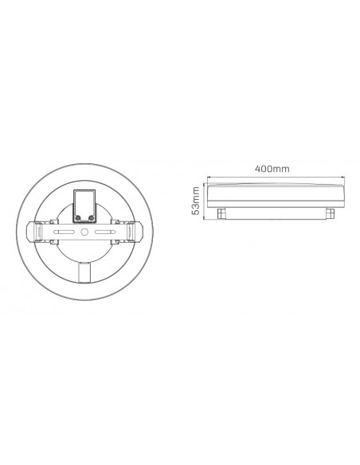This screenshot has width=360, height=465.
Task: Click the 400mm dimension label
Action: click(272, 169)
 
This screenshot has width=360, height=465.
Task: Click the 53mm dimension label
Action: click(195, 201)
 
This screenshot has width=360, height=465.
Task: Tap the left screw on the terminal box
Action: click(78, 218)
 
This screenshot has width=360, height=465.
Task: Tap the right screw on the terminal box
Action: click(91, 218)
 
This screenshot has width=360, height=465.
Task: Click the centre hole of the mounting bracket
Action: click(84, 232)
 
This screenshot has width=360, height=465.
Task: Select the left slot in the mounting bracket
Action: click(66, 232)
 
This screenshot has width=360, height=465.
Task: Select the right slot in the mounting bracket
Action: click(104, 232)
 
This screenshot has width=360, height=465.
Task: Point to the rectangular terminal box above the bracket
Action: click(84, 206)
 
